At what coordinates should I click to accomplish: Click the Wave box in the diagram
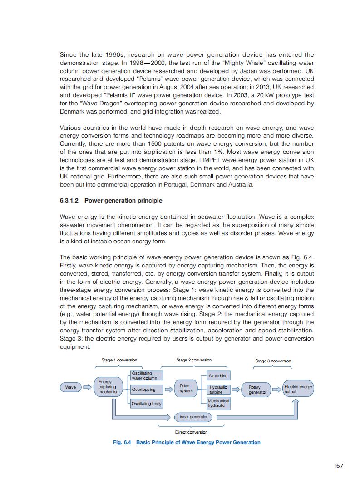click(x=70, y=387)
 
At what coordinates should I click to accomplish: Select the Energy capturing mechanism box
click(x=108, y=387)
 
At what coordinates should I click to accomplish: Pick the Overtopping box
click(x=144, y=390)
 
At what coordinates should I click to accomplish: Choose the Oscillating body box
click(x=146, y=404)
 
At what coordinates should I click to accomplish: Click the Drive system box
click(x=186, y=388)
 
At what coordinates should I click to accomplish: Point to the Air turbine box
click(x=218, y=376)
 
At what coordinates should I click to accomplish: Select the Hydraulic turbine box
click(x=218, y=390)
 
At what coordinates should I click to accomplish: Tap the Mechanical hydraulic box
click(x=218, y=403)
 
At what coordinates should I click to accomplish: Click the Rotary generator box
click(x=257, y=390)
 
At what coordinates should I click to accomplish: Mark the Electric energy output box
click(x=298, y=389)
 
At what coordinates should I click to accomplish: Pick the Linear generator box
click(x=192, y=417)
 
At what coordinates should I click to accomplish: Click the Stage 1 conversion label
click(x=119, y=360)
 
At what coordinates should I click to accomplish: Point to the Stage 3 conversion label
click(x=273, y=361)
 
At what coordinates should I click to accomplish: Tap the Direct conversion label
click(x=191, y=432)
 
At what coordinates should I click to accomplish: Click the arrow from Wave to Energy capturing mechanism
click(x=86, y=387)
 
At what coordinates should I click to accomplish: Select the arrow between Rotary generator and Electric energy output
click(x=276, y=389)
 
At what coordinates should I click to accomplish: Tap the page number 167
click(x=338, y=465)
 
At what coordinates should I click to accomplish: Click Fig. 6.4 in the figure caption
click(x=122, y=442)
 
